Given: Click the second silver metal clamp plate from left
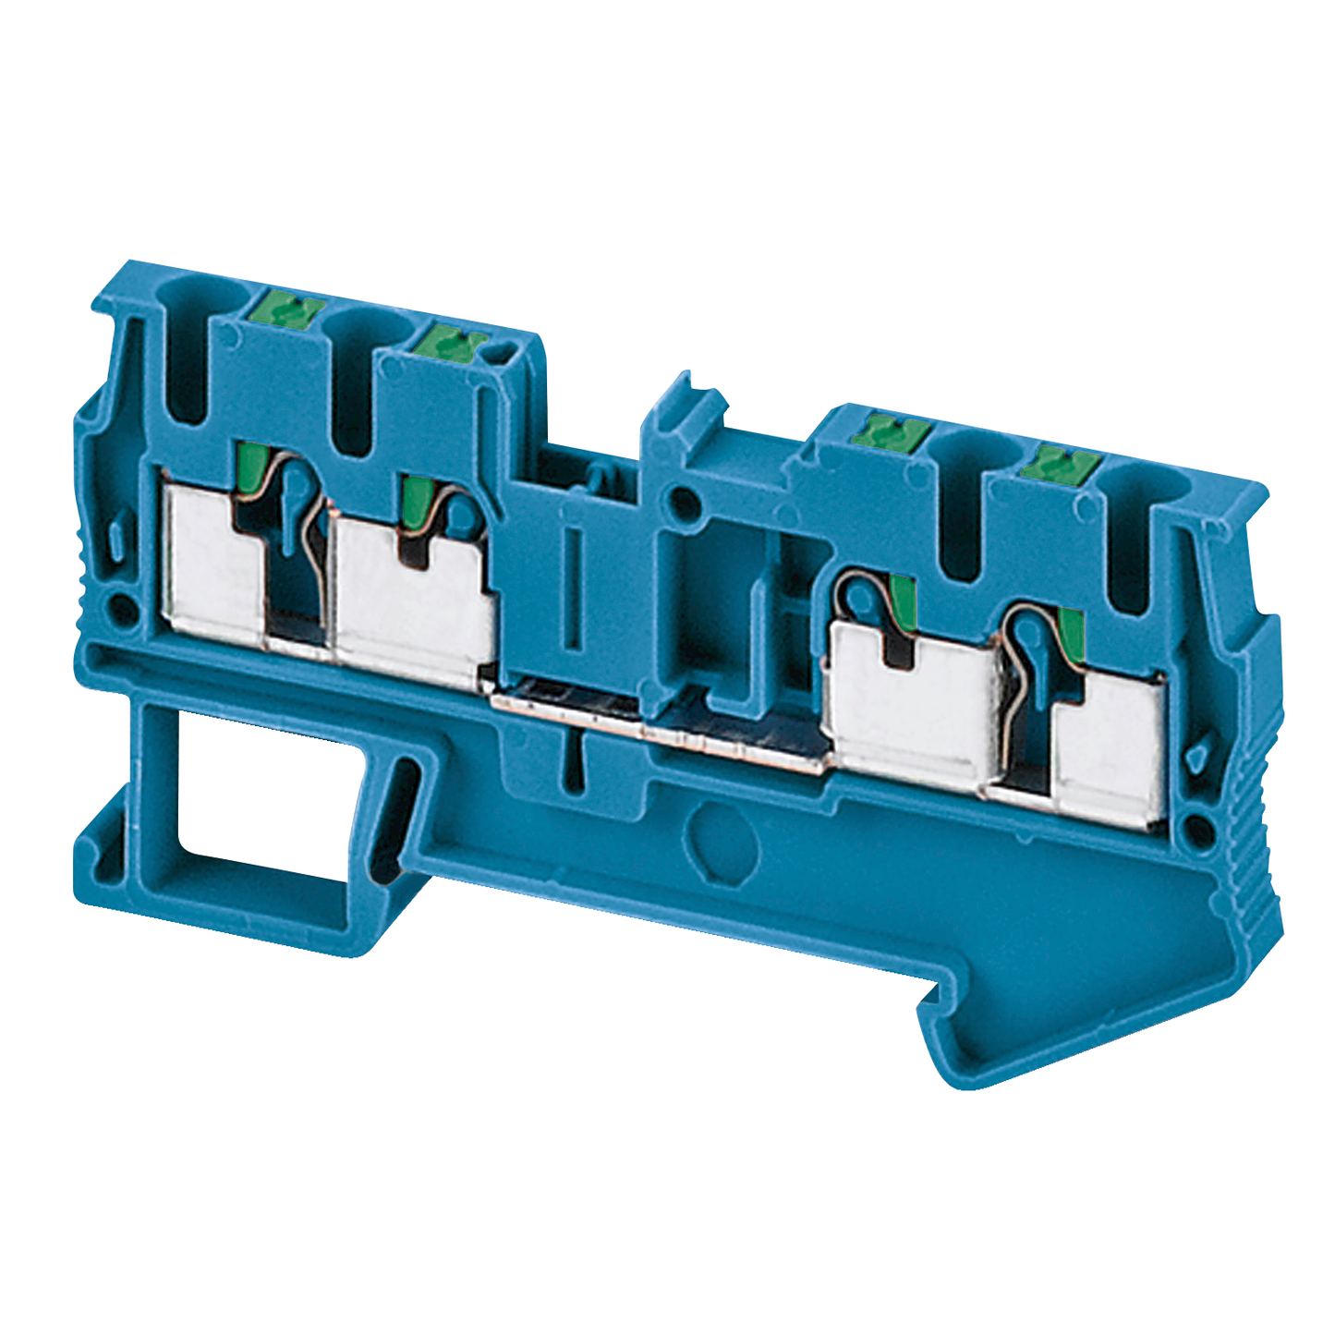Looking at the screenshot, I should [411, 601].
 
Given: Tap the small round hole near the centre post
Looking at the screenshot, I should [685, 504].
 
